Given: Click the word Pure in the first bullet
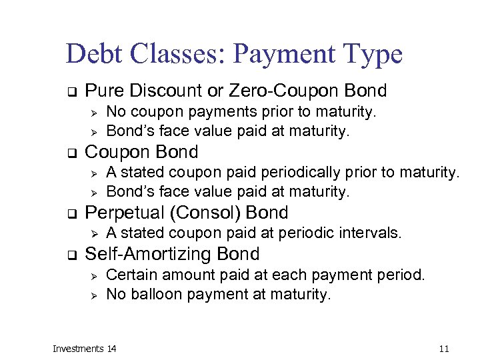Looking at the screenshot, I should pos(103,90).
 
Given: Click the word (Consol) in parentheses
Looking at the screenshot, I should pos(211,213).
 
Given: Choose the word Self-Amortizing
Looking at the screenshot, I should pos(150,254).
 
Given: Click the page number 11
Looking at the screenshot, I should pos(445,349).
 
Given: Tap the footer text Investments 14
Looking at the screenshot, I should pos(85,349).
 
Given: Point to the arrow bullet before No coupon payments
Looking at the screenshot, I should pos(95,111).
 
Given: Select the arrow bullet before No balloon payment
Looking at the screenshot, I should pos(95,295).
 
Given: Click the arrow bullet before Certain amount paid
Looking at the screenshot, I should pos(95,275).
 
